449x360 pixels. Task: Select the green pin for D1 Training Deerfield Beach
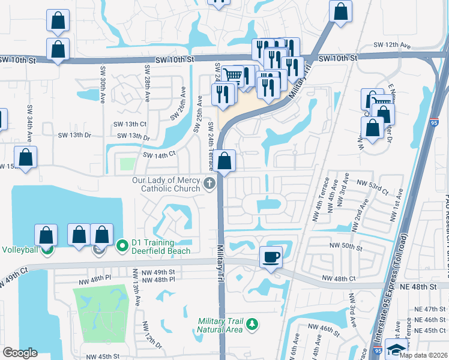[x=122, y=245]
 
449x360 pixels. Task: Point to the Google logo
[x=20, y=353]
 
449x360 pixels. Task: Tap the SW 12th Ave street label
[x=391, y=45]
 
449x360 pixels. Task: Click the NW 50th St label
[x=346, y=246]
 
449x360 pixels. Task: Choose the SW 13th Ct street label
[x=130, y=124]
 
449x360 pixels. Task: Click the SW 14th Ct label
[x=159, y=155]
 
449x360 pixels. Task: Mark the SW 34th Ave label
[x=28, y=119]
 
